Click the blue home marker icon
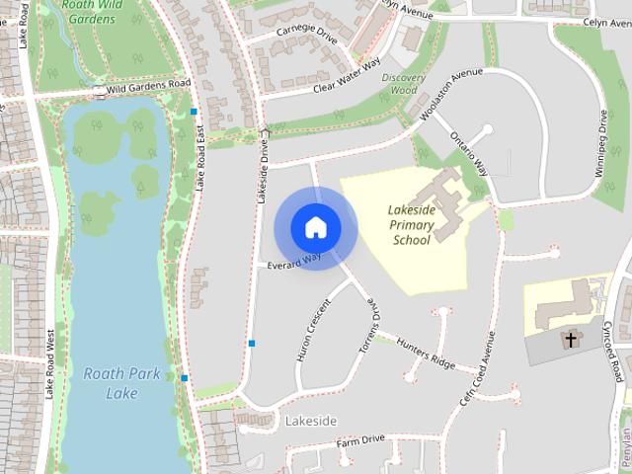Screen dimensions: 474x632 [x=315, y=227]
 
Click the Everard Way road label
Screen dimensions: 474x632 [x=294, y=260]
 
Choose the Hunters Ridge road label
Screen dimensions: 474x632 [x=426, y=353]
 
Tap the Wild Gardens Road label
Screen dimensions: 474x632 [x=148, y=86]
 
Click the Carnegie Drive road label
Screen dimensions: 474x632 [x=307, y=36]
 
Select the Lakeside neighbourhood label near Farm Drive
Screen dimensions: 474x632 [x=311, y=422]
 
